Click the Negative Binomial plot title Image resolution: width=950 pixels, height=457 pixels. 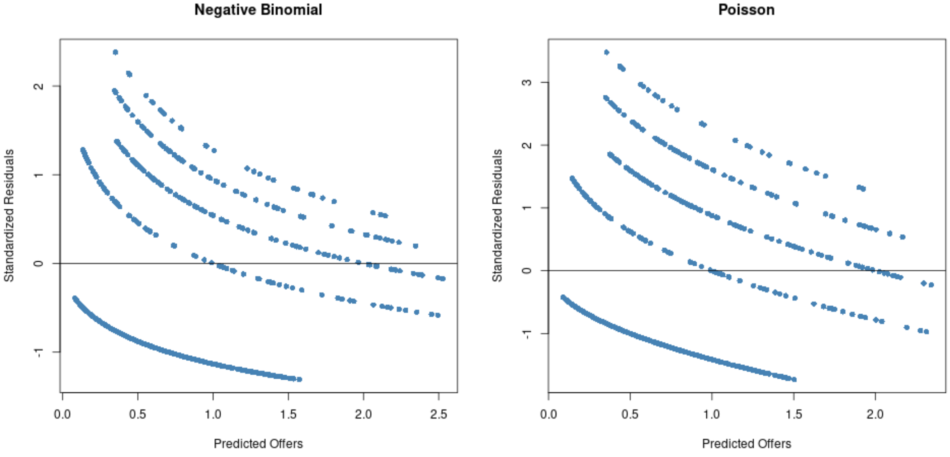pos(258,9)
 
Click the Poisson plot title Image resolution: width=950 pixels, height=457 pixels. pos(746,9)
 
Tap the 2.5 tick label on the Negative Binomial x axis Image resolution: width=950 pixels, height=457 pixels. pos(438,414)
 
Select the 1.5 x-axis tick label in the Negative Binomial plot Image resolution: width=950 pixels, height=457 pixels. pos(288,414)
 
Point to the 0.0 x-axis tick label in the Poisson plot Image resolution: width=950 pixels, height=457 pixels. pos(548,414)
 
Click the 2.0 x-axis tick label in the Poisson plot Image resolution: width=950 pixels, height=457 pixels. pos(875,414)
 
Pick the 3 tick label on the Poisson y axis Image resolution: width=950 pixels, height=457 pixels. pos(527,82)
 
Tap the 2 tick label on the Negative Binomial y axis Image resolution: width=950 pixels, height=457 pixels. pos(39,86)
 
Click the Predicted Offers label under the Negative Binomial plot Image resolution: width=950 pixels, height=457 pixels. pos(258,443)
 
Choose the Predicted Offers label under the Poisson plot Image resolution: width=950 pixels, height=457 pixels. pos(747,443)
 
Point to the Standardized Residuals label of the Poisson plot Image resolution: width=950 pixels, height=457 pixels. pos(497,216)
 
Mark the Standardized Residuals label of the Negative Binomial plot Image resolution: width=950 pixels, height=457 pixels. pos(9,216)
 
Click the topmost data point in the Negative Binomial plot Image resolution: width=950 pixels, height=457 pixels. pos(115,52)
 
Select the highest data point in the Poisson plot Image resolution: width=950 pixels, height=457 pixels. pos(606,52)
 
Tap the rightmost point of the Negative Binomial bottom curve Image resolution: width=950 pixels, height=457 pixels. pos(299,379)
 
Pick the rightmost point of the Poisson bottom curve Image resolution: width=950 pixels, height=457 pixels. pos(794,379)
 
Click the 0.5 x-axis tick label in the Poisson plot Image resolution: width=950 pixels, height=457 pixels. pos(630,414)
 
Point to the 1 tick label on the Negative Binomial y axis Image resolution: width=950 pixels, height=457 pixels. pos(39,175)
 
